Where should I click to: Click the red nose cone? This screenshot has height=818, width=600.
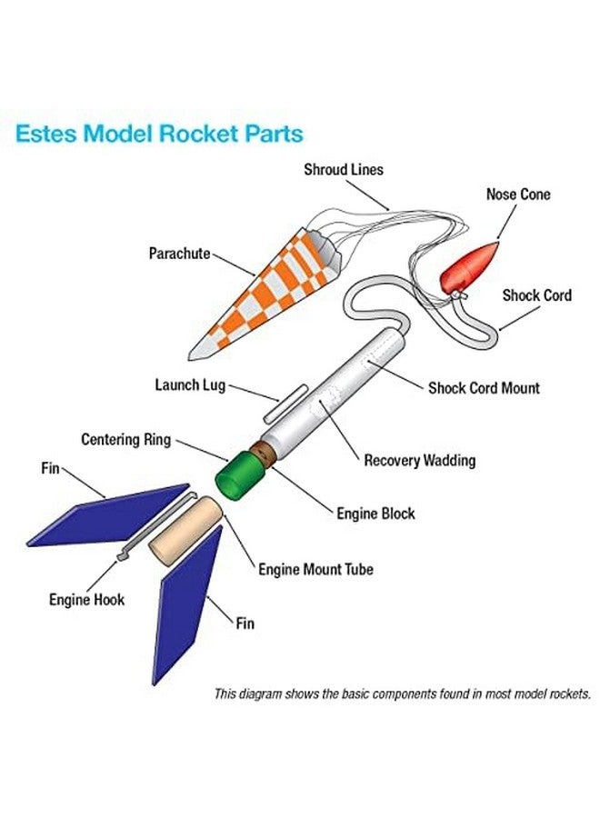(x=471, y=265)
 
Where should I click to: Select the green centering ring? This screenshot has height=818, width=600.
(x=239, y=474)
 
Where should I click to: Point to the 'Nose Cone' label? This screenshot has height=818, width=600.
(x=518, y=195)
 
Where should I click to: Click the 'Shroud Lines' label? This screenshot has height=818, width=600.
(x=344, y=170)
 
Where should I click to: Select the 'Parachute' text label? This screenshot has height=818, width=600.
(x=180, y=254)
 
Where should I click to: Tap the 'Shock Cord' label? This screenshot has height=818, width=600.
(x=537, y=295)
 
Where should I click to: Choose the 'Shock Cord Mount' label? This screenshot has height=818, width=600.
(x=484, y=388)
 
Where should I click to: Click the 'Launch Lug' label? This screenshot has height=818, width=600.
(x=190, y=385)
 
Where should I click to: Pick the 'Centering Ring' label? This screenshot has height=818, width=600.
(x=125, y=441)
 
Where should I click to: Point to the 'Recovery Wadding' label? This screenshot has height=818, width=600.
(x=420, y=461)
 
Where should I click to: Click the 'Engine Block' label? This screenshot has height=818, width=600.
(x=375, y=514)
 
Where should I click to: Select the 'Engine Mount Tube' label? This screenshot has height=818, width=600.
(x=315, y=570)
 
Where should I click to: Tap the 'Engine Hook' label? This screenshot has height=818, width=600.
(x=86, y=600)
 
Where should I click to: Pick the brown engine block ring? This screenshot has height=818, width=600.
(x=265, y=453)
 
